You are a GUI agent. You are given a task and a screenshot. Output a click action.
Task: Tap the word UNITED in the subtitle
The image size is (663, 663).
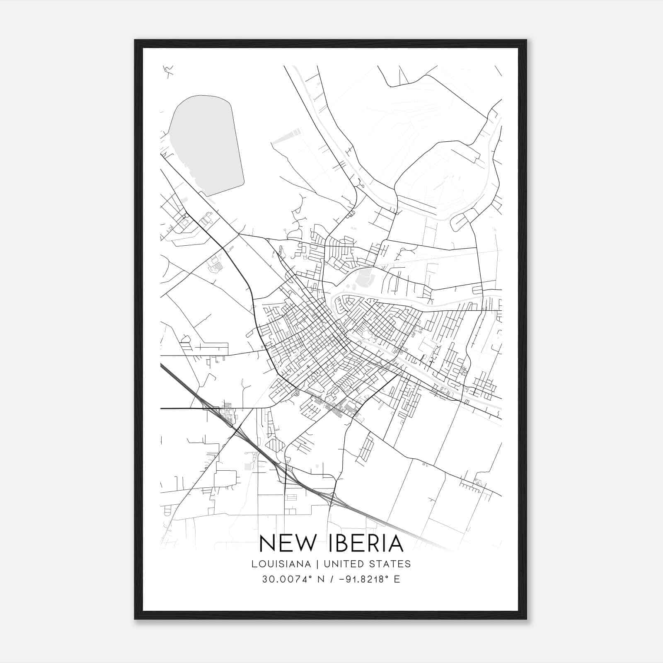point(340,564)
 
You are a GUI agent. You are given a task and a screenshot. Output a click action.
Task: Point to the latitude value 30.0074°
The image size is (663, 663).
point(286,579)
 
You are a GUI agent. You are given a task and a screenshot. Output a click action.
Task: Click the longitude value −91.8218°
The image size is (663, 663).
point(362,579)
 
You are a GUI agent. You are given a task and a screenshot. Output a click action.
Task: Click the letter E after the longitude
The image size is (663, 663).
point(397,579)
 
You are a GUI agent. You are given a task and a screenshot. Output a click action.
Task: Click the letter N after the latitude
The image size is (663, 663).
point(320,579)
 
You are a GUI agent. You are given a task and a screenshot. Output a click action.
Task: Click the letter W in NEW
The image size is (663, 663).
point(304,544)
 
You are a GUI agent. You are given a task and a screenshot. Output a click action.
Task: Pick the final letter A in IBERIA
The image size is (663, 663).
point(396,544)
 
